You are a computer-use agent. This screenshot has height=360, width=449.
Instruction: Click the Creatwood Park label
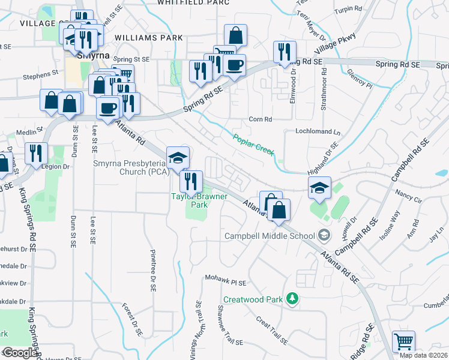pyautogui.click(x=253, y=299)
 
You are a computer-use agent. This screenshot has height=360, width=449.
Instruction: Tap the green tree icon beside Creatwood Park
pyautogui.click(x=292, y=298)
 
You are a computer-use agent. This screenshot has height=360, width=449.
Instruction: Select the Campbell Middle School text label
pyautogui.click(x=270, y=236)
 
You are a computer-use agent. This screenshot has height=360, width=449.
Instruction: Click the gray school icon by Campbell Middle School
pyautogui.click(x=325, y=235)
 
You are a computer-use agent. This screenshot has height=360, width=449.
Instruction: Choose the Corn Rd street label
pyautogui.click(x=261, y=119)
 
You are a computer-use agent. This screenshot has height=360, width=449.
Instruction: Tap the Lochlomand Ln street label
pyautogui.click(x=318, y=131)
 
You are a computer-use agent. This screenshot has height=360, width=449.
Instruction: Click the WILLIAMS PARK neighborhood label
pyautogui.click(x=149, y=37)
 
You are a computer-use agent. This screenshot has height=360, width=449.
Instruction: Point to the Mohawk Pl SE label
pyautogui.click(x=226, y=281)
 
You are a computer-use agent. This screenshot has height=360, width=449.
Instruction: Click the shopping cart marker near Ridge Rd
pyautogui.click(x=403, y=342)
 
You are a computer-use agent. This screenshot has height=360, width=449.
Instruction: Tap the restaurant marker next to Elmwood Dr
pyautogui.click(x=284, y=52)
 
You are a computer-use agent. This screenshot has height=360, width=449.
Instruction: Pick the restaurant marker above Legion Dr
pyautogui.click(x=36, y=153)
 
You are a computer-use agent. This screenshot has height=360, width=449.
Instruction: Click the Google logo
pyautogui.click(x=20, y=353)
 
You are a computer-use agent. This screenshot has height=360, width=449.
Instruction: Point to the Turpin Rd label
pyautogui.click(x=349, y=10)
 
